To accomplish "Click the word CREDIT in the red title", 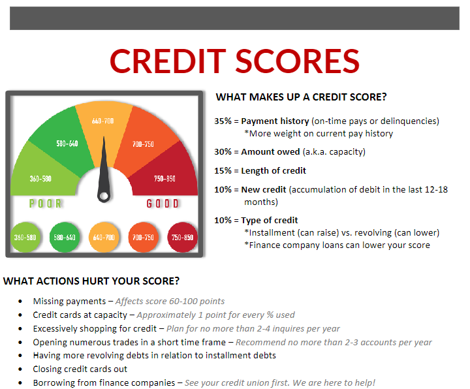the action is (x=168, y=61).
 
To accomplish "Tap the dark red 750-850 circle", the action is (x=182, y=237).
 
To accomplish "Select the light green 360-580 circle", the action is (x=25, y=237).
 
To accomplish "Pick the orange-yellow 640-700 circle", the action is (x=104, y=237).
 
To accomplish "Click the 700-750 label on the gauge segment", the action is (x=143, y=144).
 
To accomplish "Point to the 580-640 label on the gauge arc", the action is (x=67, y=144).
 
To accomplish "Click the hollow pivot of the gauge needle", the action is (x=104, y=196).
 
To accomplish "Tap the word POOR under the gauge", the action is (x=46, y=204).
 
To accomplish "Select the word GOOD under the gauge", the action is (x=163, y=204).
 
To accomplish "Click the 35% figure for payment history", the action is (x=223, y=121).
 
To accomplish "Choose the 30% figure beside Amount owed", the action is (x=223, y=152).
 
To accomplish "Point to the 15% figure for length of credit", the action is (x=223, y=171).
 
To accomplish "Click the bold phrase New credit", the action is (x=264, y=190).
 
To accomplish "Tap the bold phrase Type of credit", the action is (x=270, y=221).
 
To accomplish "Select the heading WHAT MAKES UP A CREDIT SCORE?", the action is (x=301, y=97).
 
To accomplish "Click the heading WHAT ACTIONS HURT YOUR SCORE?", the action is (x=91, y=281).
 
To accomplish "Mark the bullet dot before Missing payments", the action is (x=20, y=301).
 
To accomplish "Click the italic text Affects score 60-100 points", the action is (x=170, y=301).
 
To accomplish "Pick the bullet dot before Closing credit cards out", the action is (x=20, y=369).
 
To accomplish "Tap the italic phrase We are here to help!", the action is (x=334, y=382).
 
